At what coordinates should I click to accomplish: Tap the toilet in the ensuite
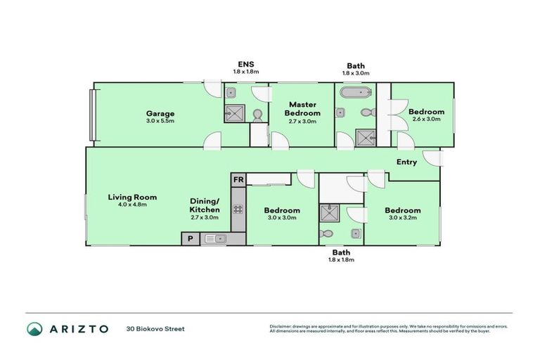[257, 114]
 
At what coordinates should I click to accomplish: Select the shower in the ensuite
[235, 113]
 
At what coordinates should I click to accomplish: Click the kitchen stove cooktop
[238, 209]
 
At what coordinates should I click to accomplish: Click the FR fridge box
[238, 180]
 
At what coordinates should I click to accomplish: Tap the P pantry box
[190, 239]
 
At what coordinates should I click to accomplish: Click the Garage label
[160, 113]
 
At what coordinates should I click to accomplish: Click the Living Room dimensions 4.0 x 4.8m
[132, 206]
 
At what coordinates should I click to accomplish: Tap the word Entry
[406, 162]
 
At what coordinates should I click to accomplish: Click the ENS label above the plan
[245, 63]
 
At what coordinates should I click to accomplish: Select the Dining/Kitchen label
[205, 205]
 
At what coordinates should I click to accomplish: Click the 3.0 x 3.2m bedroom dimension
[403, 219]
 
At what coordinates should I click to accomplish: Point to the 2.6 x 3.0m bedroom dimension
[426, 120]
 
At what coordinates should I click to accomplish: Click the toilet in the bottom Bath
[328, 233]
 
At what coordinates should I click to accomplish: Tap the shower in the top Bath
[365, 138]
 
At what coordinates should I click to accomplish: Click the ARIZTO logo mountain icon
[34, 328]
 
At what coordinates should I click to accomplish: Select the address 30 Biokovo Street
[155, 328]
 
